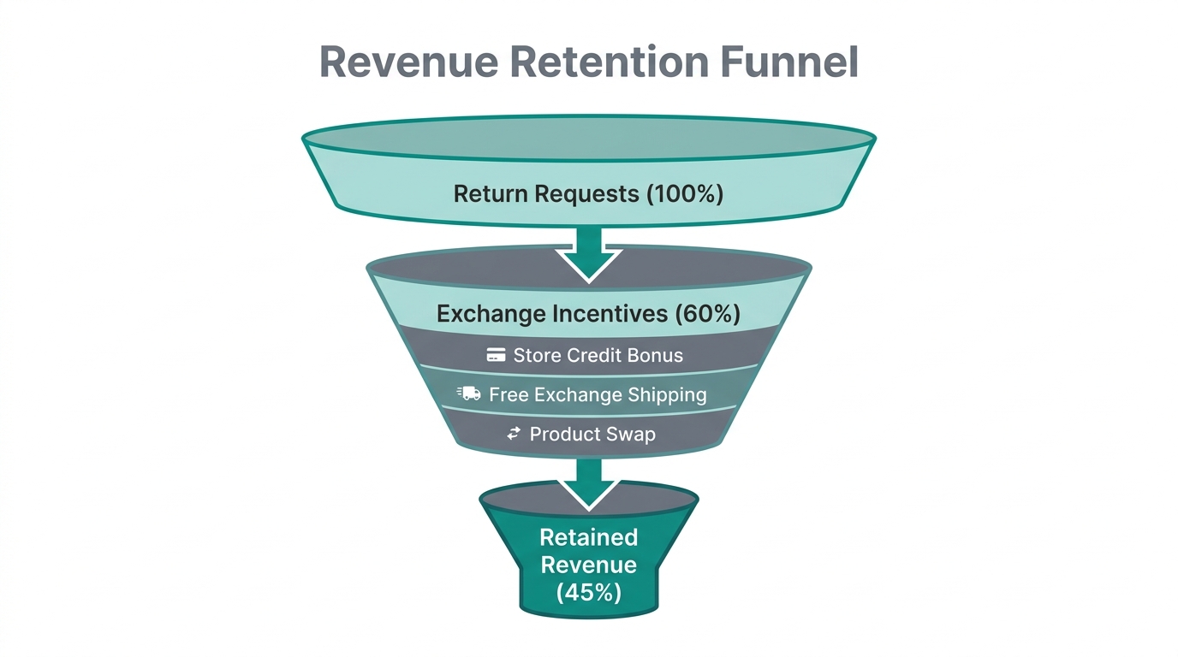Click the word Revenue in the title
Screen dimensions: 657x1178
(x=396, y=62)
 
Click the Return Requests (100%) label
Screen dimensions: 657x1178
(x=588, y=193)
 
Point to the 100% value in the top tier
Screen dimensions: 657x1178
(x=684, y=193)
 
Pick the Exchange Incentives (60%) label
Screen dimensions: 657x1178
(x=588, y=314)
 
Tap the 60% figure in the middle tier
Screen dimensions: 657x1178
(x=707, y=314)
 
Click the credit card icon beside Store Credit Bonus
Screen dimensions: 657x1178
(x=496, y=355)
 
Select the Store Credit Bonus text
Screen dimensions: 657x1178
(x=598, y=355)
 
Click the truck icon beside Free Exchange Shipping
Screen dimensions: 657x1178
(x=469, y=394)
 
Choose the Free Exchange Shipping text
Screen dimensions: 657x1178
(x=598, y=394)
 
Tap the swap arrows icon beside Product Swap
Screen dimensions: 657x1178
(x=514, y=434)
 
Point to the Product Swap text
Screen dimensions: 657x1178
(x=592, y=434)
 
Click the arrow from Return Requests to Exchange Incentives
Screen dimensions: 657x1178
(x=588, y=253)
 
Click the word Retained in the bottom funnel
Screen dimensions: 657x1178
(x=588, y=537)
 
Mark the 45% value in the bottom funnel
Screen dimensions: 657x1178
(x=588, y=592)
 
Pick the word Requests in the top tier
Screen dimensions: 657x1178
(x=586, y=193)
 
